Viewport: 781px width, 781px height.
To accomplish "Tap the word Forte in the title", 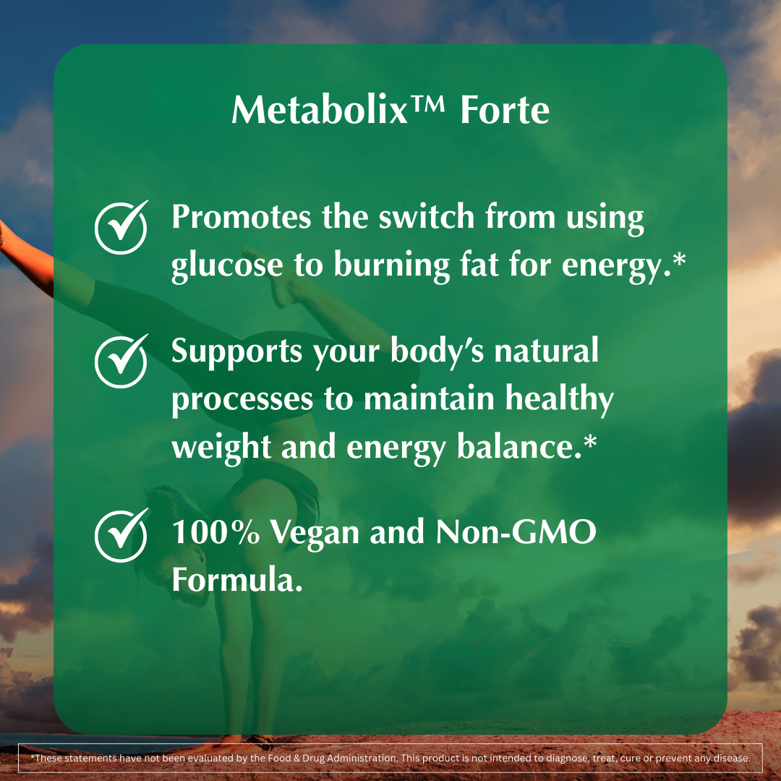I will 504,111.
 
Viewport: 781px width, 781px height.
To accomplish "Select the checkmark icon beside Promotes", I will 121,227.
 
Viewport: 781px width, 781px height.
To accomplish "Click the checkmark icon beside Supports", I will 121,359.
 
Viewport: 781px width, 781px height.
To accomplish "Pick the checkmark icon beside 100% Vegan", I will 121,535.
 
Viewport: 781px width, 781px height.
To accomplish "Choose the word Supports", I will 237,352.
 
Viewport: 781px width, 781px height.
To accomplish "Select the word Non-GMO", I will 516,533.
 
